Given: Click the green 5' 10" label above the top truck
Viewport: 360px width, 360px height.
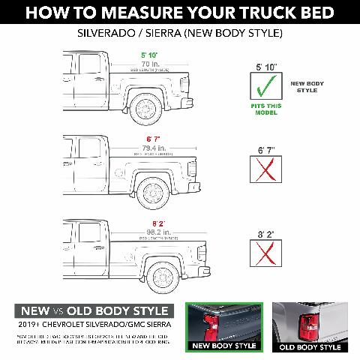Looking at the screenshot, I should coord(148,55).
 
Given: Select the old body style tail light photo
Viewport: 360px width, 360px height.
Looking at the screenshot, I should coord(309,325).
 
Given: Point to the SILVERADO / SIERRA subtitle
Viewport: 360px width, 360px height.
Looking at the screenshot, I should coord(180,34).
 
